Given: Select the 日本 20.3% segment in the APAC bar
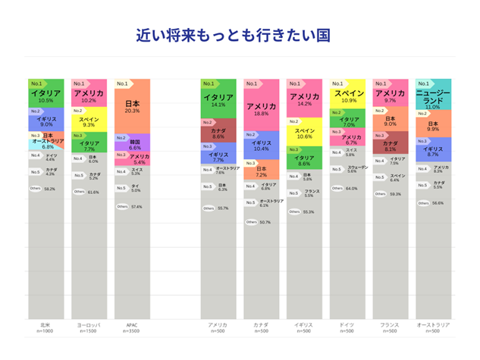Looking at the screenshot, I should tap(132, 106).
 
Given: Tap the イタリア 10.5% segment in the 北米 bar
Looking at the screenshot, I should tap(46, 95).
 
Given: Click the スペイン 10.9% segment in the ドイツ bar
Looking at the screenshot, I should tap(349, 95).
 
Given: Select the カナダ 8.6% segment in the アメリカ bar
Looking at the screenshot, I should tap(218, 133).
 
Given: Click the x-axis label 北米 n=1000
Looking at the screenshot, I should tap(46, 327).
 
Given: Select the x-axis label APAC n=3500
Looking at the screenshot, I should tap(132, 327).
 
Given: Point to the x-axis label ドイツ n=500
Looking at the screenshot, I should tap(347, 327).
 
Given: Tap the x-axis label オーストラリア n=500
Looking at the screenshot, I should tap(435, 327).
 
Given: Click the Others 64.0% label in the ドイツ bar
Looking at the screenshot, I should tap(349, 188).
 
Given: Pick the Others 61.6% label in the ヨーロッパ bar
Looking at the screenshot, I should tap(89, 192).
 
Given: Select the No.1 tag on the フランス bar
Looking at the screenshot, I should tap(381, 83).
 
